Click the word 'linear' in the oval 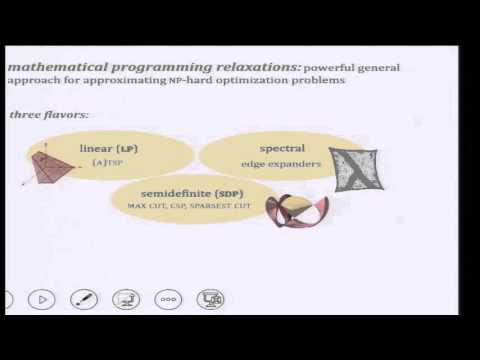[x=97, y=149]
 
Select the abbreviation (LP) [x=129, y=149]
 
